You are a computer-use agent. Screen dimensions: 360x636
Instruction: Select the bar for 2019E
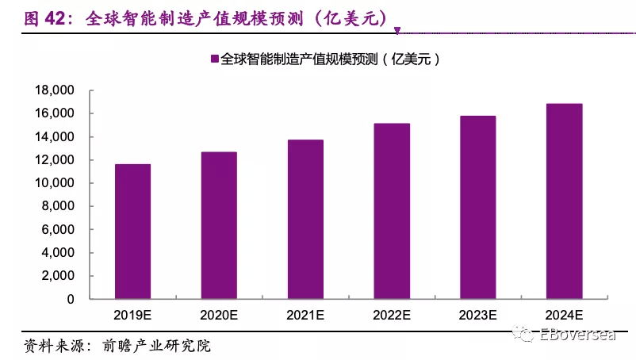(x=133, y=232)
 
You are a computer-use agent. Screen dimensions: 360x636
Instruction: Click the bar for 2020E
(x=219, y=226)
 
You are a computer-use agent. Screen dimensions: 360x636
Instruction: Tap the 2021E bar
(x=305, y=220)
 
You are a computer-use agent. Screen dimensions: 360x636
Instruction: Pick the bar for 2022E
(x=392, y=212)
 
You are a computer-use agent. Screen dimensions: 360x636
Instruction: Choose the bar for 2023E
(x=478, y=208)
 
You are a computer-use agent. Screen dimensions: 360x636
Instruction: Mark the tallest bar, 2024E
(x=565, y=201)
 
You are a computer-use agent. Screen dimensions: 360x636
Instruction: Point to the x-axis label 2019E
(x=133, y=315)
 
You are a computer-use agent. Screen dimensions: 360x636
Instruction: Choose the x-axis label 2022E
(x=392, y=315)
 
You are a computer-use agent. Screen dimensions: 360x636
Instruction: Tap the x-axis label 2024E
(x=565, y=315)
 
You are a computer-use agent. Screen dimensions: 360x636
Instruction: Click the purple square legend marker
(x=213, y=59)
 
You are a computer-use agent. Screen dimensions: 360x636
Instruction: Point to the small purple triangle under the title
(x=397, y=32)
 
